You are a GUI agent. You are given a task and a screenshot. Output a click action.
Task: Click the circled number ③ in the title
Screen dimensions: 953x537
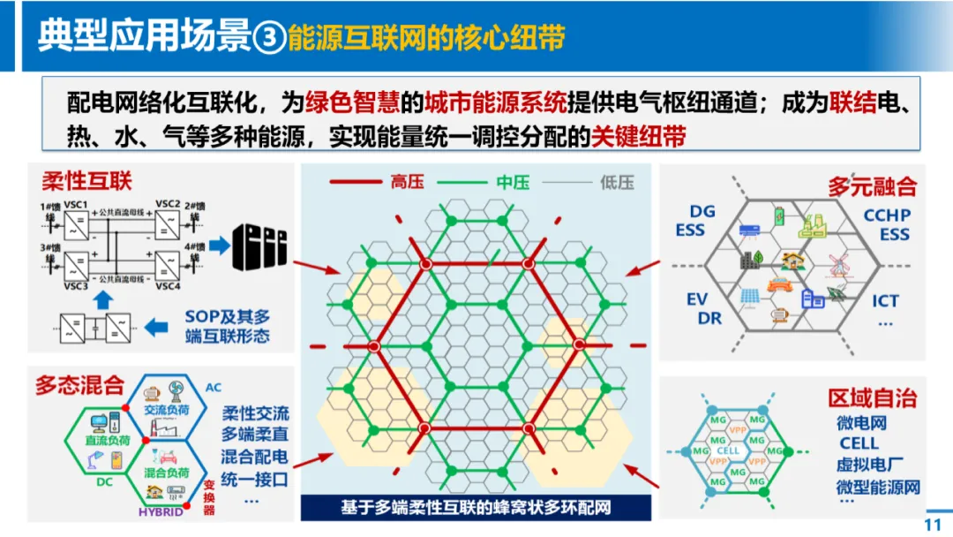(x=270, y=39)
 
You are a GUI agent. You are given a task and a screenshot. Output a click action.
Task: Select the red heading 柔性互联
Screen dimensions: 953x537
(x=86, y=181)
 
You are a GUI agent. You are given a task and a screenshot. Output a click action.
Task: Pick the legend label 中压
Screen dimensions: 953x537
(x=513, y=182)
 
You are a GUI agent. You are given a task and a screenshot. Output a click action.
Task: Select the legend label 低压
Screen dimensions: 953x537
(x=617, y=182)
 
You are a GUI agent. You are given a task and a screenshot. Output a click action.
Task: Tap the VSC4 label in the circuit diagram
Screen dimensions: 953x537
(x=168, y=286)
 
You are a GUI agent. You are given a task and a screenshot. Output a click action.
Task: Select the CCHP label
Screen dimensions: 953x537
(x=887, y=215)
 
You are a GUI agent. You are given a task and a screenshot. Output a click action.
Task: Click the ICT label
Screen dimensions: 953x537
(x=885, y=300)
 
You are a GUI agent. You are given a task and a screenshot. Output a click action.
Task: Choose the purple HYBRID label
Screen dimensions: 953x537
(x=160, y=511)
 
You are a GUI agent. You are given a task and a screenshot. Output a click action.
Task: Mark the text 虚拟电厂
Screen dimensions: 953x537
(x=869, y=465)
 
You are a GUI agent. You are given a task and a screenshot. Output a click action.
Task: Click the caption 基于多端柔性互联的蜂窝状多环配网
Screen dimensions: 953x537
(x=476, y=508)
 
